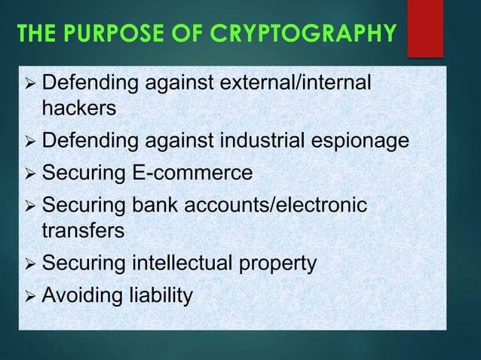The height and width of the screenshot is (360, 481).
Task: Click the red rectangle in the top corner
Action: click(x=424, y=28)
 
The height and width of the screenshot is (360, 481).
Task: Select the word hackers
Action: click(x=79, y=109)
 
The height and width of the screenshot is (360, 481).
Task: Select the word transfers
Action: click(x=83, y=231)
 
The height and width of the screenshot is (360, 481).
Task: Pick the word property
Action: click(x=280, y=265)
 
